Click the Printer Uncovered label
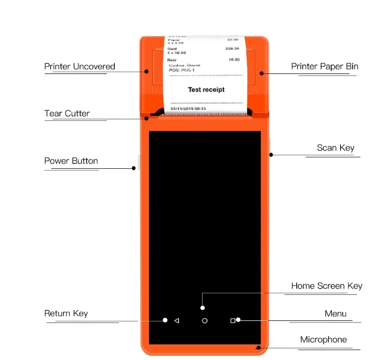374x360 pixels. tap(79, 67)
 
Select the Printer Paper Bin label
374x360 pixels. tap(324, 67)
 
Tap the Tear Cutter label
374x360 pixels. tap(67, 114)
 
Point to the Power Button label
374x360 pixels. tap(71, 161)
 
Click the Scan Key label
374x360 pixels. tap(335, 148)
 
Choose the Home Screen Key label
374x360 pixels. tap(327, 286)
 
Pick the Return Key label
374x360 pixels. tap(66, 314)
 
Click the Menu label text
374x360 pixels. tap(335, 314)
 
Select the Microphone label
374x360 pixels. tap(323, 340)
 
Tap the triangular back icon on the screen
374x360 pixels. tap(176, 321)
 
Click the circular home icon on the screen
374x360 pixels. tap(204, 321)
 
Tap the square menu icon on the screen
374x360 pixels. tap(233, 321)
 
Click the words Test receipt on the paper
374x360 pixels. tap(206, 90)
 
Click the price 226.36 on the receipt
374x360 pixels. tap(232, 48)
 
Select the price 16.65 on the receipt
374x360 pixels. tap(234, 60)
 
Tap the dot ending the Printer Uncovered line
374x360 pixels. tap(147, 72)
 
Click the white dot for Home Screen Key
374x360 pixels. tap(203, 308)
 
